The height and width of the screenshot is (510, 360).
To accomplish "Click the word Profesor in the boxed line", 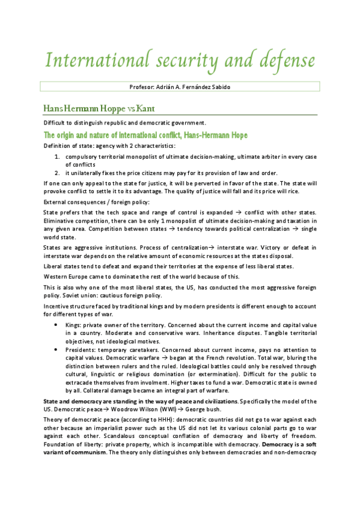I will [141, 87].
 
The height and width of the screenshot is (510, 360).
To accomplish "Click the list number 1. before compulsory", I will [57, 156].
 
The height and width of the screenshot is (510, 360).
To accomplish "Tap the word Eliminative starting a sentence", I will [59, 221].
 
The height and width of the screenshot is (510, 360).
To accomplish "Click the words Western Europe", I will [66, 277].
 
